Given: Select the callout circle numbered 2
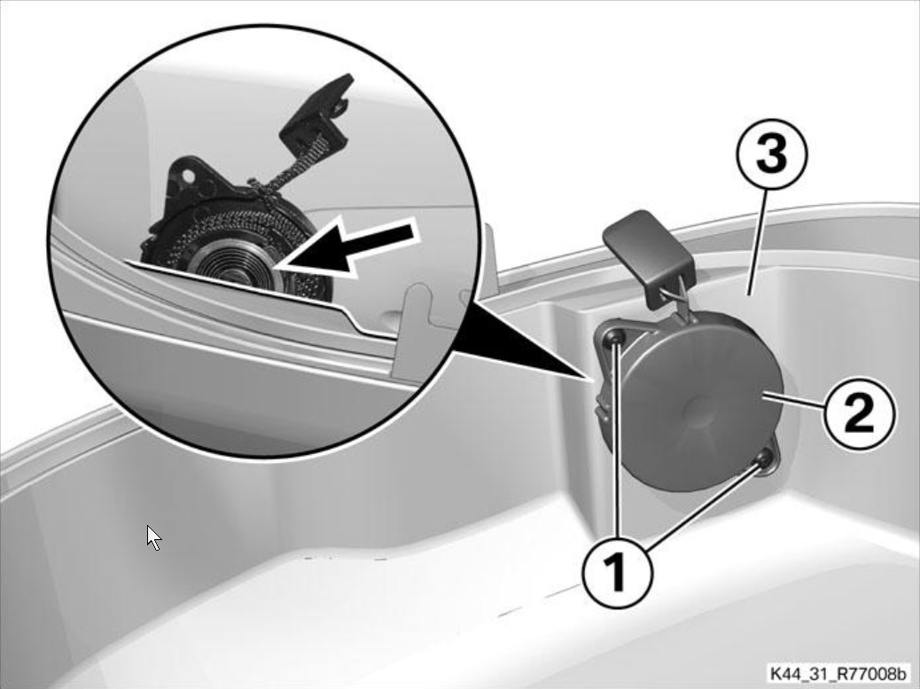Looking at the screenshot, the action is point(860,413).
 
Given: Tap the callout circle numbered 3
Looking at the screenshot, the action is point(772,154).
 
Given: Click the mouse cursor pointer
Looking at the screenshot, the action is point(153,538).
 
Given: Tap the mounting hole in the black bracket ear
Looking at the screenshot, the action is point(187,176).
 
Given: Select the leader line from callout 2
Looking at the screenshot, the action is point(794,402).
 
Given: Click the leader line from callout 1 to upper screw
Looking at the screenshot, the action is point(615,436).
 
